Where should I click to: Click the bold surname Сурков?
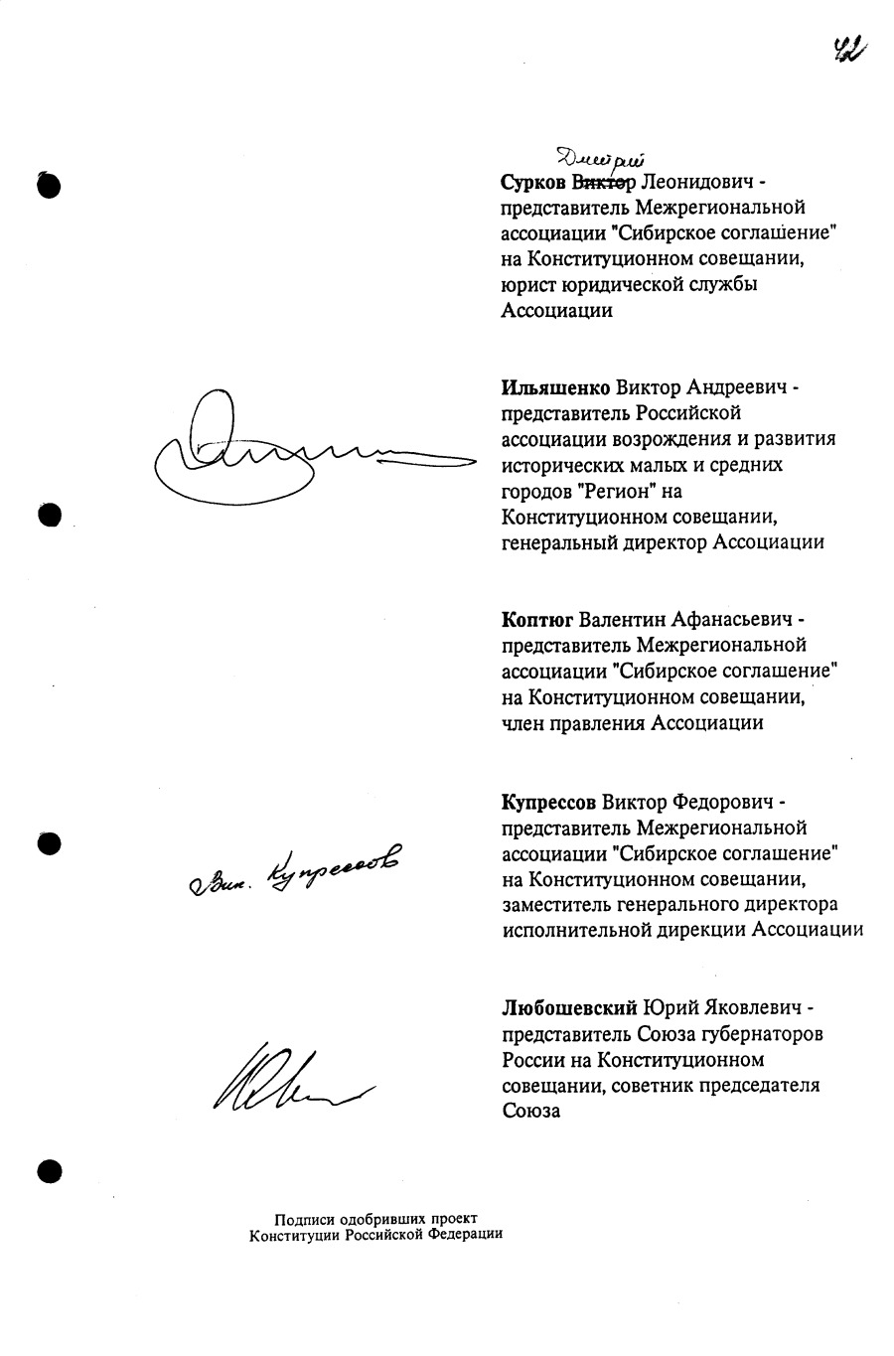point(533,183)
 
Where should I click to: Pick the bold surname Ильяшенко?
point(556,387)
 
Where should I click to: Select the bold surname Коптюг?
point(537,620)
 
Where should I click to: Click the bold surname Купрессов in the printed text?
point(549,801)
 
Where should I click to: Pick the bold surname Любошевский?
point(569,1008)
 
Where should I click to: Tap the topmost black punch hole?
point(50,185)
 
